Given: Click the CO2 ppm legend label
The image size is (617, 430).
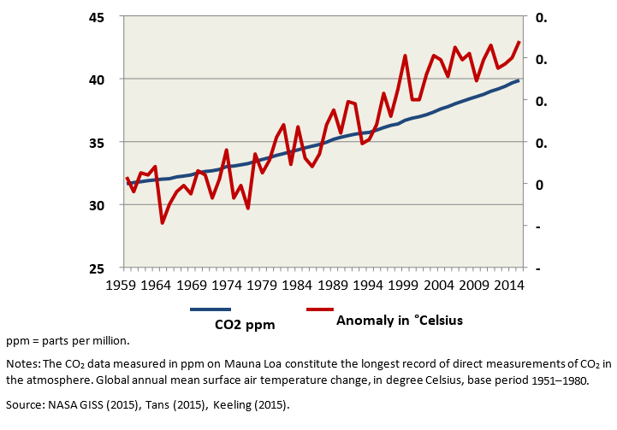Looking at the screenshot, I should point(245,324).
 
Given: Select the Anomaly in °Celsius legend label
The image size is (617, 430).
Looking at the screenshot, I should point(400,321).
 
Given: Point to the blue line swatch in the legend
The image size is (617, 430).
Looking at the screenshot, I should point(211,309).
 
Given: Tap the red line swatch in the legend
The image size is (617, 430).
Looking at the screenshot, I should point(331,309).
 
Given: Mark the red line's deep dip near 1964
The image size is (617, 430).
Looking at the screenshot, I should point(162,223).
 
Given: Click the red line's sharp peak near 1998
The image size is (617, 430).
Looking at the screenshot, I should point(405,56).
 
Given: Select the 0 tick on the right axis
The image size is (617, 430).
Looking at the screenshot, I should point(539,185).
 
